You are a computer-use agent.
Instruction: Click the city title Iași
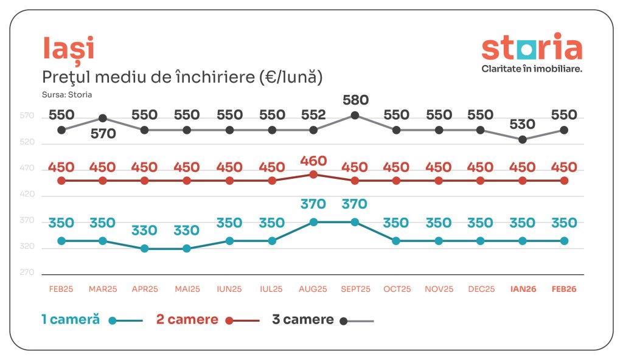tap(68, 49)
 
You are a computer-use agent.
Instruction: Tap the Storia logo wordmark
tap(531, 48)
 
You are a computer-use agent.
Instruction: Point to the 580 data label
tap(356, 100)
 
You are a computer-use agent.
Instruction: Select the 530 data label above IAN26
tap(522, 125)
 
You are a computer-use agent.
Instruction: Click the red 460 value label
tap(313, 161)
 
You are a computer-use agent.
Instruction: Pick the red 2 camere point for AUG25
tap(313, 174)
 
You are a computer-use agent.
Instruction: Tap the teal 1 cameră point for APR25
tap(145, 249)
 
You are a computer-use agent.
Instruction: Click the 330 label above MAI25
tap(187, 230)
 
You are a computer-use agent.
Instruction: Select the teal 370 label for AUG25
tap(313, 204)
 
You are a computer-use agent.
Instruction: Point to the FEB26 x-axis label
tap(564, 289)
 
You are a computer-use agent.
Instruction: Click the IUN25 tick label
tap(229, 289)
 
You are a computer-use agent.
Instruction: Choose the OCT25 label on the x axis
tap(397, 289)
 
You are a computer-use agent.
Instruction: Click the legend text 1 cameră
tap(70, 320)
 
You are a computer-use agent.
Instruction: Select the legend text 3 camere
tap(303, 320)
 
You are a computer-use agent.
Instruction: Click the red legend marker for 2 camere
tap(229, 320)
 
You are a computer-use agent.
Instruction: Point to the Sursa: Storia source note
tap(63, 94)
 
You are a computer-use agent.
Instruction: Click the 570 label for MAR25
tap(103, 134)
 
